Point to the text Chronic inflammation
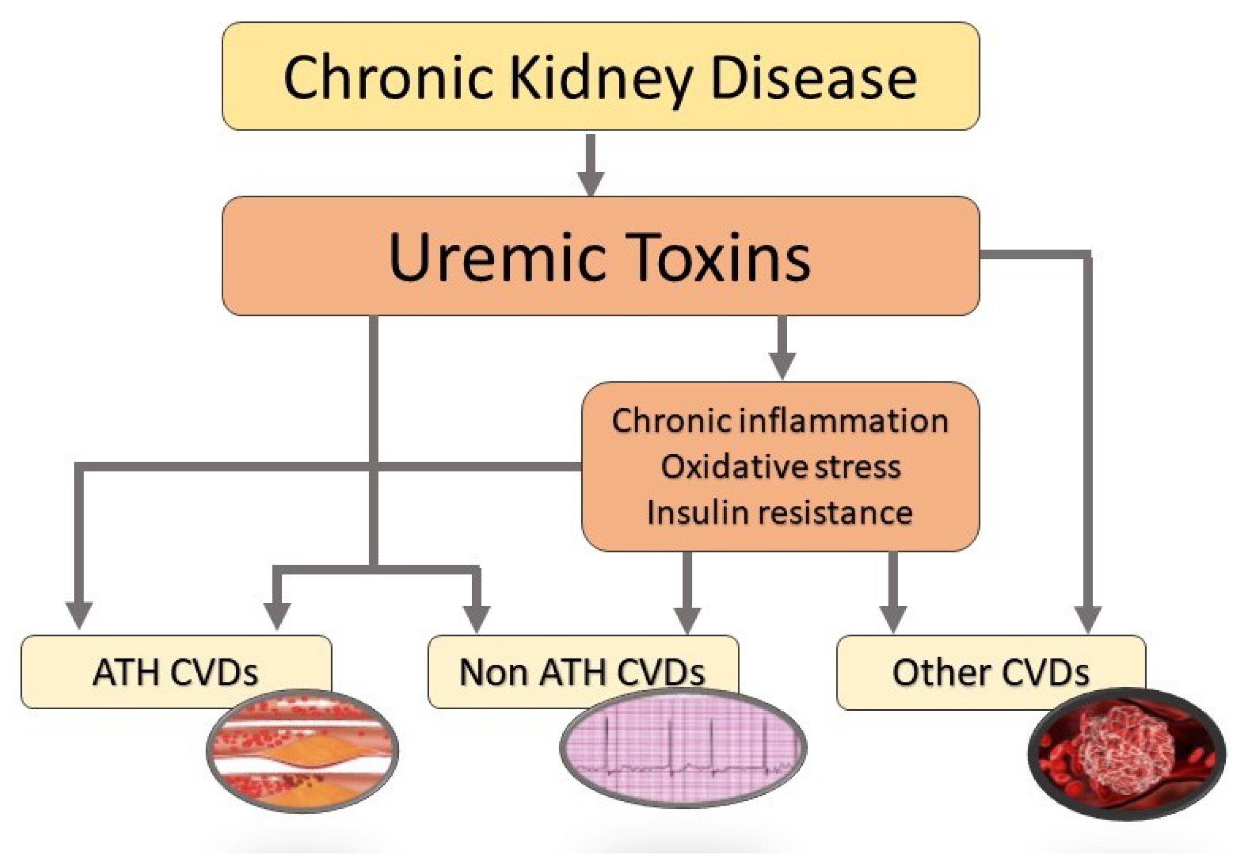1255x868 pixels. click(780, 421)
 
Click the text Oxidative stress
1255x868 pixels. click(780, 466)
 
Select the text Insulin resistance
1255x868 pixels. click(780, 512)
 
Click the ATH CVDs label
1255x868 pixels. click(175, 672)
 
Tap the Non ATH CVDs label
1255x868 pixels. click(582, 672)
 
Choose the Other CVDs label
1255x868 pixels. click(990, 672)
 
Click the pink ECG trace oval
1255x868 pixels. click(683, 748)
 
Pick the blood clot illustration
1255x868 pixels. click(1126, 754)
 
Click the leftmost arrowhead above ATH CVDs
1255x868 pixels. click(80, 615)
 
